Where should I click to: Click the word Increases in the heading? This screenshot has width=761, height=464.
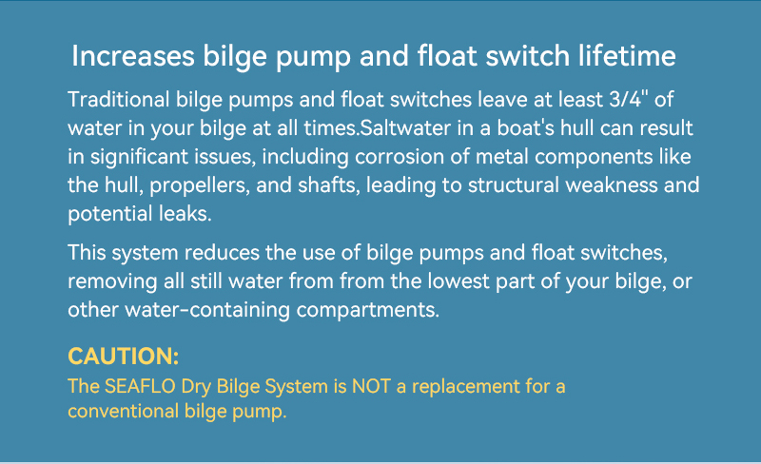coord(133,56)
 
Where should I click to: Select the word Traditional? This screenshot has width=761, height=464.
coord(118,100)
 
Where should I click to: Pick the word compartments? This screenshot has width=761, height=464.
coord(368,310)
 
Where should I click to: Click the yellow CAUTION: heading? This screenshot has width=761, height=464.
coord(124,357)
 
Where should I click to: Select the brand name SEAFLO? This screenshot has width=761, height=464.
coord(140,386)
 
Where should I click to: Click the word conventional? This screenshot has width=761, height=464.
coord(124,411)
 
